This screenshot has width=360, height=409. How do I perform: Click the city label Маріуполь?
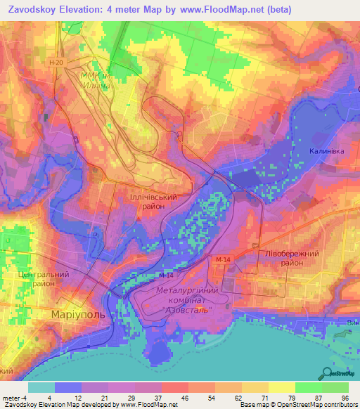coord(78,314)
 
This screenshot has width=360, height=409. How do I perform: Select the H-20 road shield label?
coord(57,63)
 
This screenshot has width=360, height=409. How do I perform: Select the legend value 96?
coord(344,398)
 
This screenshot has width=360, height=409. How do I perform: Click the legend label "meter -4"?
coord(14,398)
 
